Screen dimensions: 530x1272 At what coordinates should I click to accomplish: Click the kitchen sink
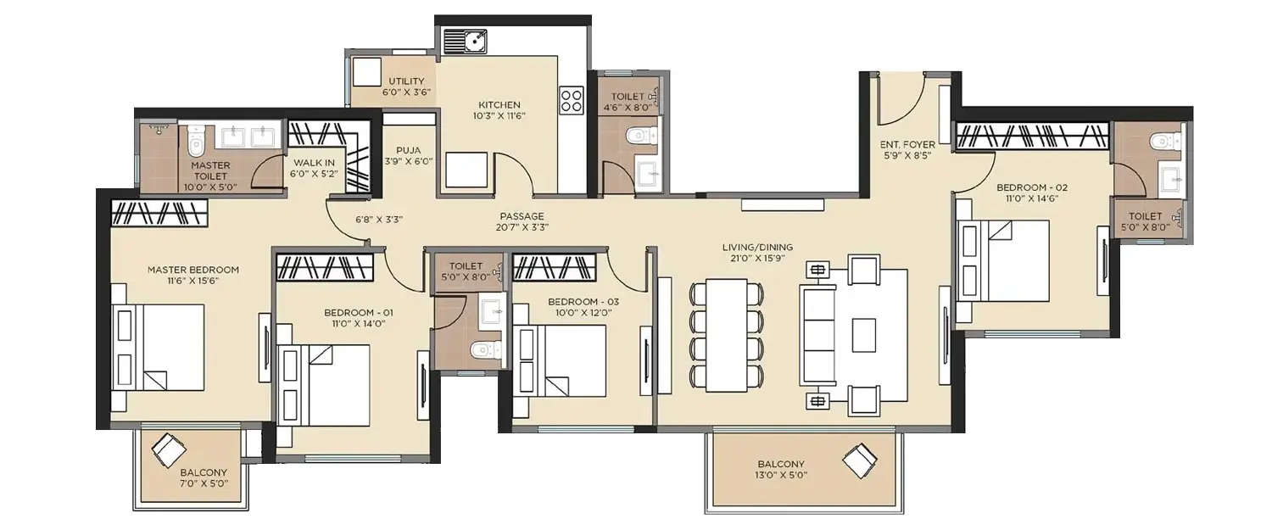[x=464, y=41]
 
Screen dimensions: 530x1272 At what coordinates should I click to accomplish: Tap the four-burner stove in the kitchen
[x=572, y=101]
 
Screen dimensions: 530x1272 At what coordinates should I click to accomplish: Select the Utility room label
[x=406, y=82]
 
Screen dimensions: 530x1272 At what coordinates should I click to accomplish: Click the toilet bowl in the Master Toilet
[x=197, y=141]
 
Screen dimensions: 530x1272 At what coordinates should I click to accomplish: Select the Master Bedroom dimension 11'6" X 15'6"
[x=193, y=282]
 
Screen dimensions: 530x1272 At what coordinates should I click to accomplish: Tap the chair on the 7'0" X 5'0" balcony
[x=168, y=449]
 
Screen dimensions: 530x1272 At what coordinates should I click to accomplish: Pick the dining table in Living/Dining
[x=726, y=335]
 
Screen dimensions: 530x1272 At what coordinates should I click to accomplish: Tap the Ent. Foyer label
[x=907, y=144]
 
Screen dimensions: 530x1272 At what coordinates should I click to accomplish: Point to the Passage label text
[x=522, y=216]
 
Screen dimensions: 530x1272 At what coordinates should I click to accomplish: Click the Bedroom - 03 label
[x=580, y=302]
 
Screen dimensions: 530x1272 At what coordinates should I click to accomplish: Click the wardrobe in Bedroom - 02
[x=1032, y=136]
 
